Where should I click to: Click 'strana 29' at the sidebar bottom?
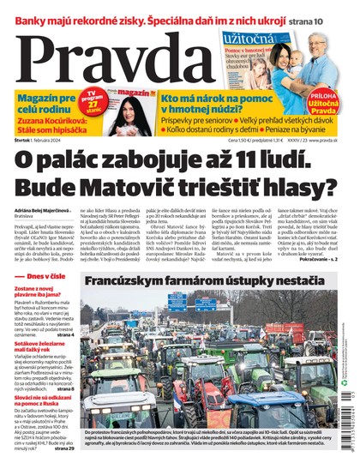(63, 448)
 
